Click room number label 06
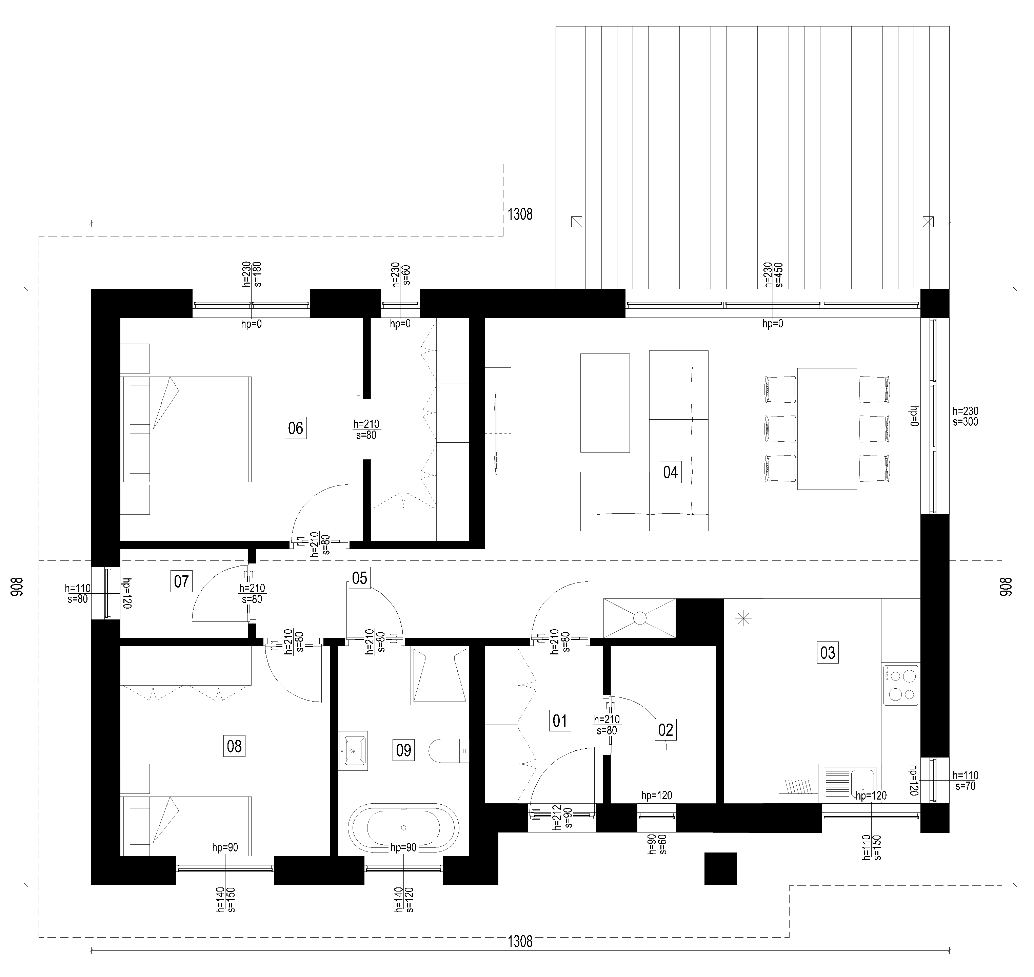pyautogui.click(x=296, y=428)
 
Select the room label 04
pyautogui.click(x=670, y=472)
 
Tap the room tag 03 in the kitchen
pyautogui.click(x=828, y=653)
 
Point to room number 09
pyautogui.click(x=404, y=750)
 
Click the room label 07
pyautogui.click(x=181, y=581)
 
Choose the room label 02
pyautogui.click(x=665, y=730)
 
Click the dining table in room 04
pyautogui.click(x=827, y=428)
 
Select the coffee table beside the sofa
pyautogui.click(x=605, y=403)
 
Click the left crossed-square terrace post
pyautogui.click(x=577, y=222)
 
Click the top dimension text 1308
pyautogui.click(x=520, y=214)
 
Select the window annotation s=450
pyautogui.click(x=779, y=274)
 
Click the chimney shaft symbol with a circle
pyautogui.click(x=639, y=618)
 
